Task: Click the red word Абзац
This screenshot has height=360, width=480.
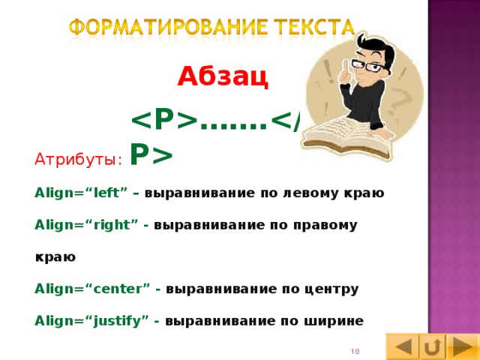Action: [x=223, y=77]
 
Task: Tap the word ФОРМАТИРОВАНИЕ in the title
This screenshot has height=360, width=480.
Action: [x=157, y=28]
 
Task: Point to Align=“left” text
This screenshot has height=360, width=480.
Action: [x=82, y=193]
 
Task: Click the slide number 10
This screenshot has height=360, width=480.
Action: [x=355, y=352]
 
